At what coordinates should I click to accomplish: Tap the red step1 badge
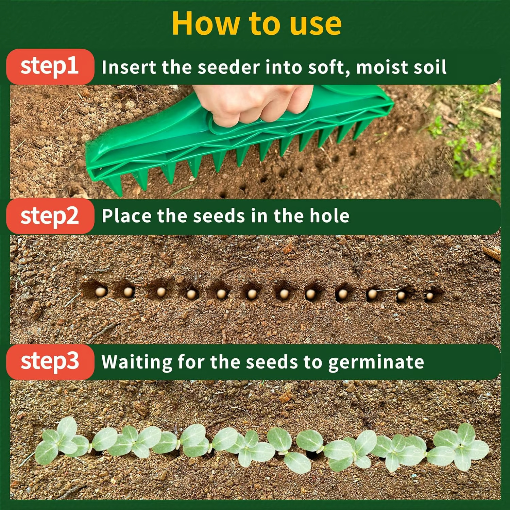[50, 67]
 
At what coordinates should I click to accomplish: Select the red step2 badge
[50, 216]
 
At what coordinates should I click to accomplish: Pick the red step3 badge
[50, 362]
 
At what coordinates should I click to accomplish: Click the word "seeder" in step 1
[228, 67]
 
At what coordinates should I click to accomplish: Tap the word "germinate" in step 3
[376, 362]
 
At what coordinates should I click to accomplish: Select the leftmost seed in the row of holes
[100, 291]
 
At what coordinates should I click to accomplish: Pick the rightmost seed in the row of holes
[429, 296]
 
